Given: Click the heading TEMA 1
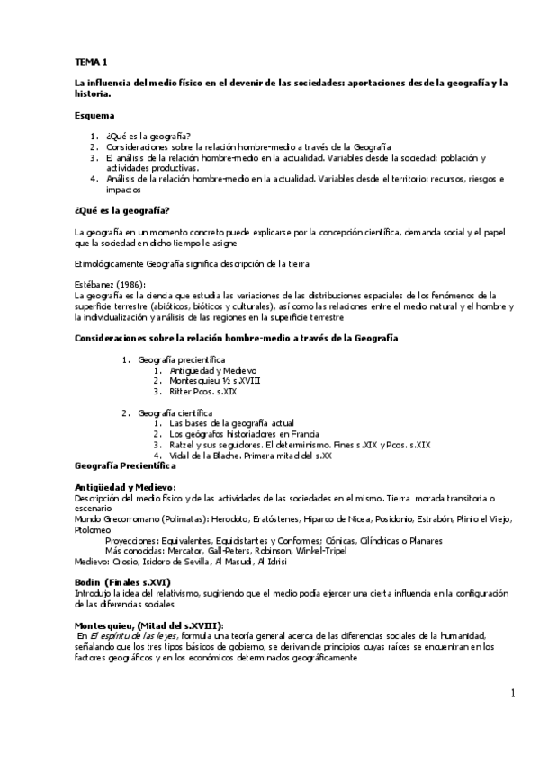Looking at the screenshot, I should (90, 62).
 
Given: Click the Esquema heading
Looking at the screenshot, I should (94, 115).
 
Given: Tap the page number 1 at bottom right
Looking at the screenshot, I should (512, 694).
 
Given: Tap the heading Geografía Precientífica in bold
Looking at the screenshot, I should (124, 467).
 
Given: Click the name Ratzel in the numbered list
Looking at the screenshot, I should (183, 445).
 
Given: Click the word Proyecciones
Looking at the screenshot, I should (131, 539).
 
